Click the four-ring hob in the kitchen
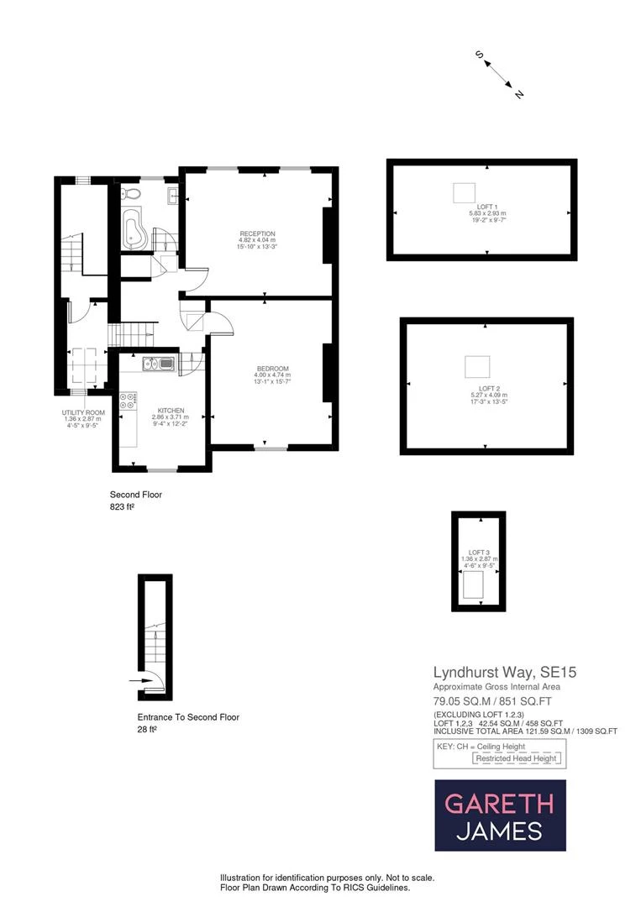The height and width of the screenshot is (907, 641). click(129, 401)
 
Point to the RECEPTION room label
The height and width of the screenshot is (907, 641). click(257, 233)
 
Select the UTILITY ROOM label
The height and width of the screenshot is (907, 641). click(83, 412)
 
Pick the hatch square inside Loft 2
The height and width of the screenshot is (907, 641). click(477, 367)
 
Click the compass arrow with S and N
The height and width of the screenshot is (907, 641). click(501, 74)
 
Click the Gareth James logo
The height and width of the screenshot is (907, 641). click(500, 815)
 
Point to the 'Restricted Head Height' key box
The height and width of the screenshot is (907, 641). click(517, 758)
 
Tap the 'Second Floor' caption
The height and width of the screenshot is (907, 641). click(135, 495)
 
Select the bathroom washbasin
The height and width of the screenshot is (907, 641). click(171, 197)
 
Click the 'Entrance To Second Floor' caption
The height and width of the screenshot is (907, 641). click(188, 717)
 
